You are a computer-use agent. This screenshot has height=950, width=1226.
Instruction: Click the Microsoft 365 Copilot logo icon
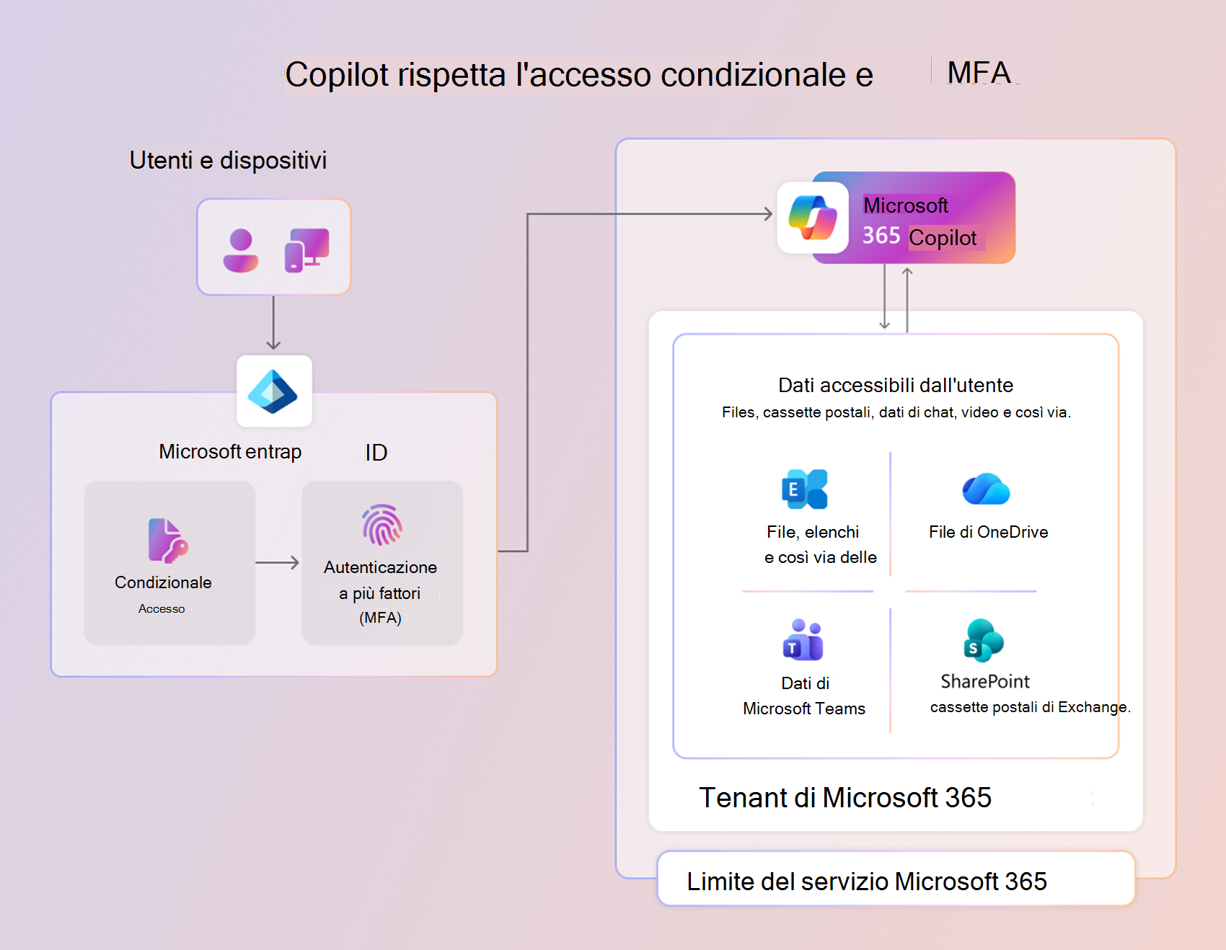(x=813, y=218)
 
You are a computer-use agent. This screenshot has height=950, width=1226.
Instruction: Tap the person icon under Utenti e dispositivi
(x=241, y=251)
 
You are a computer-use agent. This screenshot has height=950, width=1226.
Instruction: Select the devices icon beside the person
(x=306, y=250)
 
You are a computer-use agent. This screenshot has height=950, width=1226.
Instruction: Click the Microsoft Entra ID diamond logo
(x=273, y=391)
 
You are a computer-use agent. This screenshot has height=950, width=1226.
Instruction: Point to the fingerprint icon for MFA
(x=382, y=525)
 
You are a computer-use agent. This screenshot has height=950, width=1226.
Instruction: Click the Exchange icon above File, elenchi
(x=805, y=489)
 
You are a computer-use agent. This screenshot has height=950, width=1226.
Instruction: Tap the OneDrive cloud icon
(x=986, y=489)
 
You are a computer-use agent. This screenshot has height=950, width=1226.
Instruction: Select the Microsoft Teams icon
(x=803, y=640)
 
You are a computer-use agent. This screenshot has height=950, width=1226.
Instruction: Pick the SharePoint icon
(x=984, y=640)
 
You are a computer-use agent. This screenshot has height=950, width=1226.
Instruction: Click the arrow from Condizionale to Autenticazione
(x=278, y=562)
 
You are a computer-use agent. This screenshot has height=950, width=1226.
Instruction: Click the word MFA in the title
(x=979, y=73)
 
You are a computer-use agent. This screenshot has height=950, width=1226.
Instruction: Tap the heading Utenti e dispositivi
(x=228, y=160)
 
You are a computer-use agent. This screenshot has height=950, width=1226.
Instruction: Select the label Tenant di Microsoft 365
(x=845, y=798)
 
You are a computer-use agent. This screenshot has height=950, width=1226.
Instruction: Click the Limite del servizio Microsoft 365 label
(x=866, y=882)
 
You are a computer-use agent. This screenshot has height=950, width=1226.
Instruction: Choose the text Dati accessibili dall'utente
(x=896, y=386)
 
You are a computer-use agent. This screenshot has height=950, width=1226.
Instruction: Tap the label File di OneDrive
(x=988, y=532)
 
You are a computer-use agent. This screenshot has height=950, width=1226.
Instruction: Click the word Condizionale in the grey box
(x=163, y=582)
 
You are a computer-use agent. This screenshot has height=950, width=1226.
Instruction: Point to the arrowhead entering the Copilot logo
(x=768, y=214)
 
